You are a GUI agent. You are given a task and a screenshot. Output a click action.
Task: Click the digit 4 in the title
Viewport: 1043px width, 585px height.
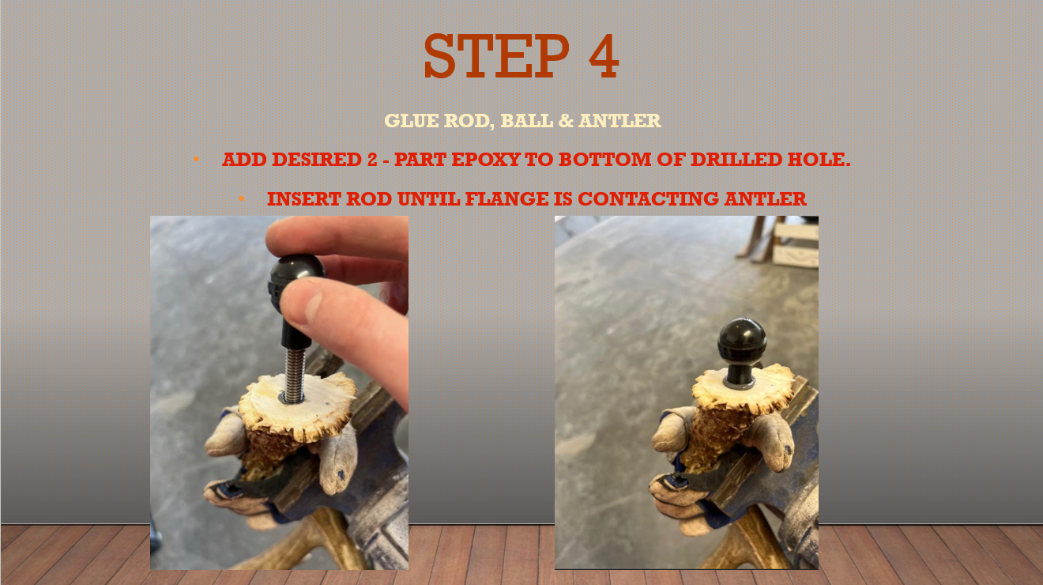[x=604, y=56]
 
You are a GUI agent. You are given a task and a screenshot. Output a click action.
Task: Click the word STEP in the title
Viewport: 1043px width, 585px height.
[x=496, y=56]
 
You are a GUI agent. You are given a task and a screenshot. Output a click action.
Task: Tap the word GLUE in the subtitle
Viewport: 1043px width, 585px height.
[x=411, y=121]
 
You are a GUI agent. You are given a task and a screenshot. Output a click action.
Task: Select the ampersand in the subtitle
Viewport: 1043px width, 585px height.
[x=565, y=121]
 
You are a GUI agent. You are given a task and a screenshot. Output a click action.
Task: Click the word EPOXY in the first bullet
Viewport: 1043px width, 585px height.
[x=487, y=159]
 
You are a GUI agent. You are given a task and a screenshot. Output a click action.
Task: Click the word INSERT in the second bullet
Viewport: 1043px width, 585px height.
[x=304, y=199]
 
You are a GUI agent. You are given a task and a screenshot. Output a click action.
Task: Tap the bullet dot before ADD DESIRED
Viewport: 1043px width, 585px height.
[x=197, y=160]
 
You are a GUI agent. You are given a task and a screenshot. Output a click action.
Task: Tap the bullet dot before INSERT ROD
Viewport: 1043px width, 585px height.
[x=242, y=199]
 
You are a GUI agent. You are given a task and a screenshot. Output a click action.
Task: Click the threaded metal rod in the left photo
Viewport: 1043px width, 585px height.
[x=294, y=375]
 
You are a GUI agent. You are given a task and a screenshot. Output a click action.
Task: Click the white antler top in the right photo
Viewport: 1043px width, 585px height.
[x=744, y=387]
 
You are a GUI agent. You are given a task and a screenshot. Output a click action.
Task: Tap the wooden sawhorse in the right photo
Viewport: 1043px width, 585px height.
[x=778, y=242]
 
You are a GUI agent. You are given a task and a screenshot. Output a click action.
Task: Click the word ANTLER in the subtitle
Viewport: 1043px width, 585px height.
[x=619, y=121]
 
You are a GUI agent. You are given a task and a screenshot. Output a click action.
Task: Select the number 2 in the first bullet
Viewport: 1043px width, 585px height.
[x=372, y=159]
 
